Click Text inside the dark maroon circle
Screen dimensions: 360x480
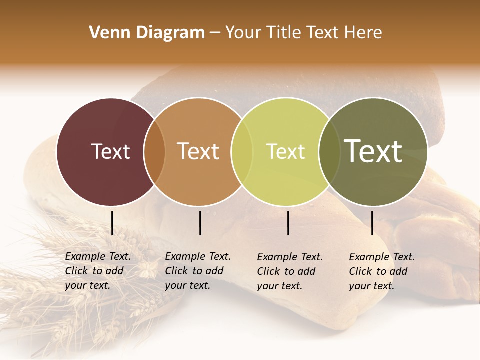click(x=110, y=151)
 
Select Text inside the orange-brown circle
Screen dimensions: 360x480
click(x=198, y=151)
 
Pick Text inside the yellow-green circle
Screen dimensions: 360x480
click(x=285, y=151)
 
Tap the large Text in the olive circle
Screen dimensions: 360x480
click(x=373, y=151)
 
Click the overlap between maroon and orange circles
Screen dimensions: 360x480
click(x=154, y=151)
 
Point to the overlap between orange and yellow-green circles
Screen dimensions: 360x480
click(x=242, y=151)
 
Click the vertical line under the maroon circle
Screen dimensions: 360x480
click(x=112, y=223)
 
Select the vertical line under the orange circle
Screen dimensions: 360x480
click(x=200, y=223)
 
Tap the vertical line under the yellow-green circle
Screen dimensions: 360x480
click(x=288, y=223)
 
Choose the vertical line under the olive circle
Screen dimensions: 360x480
click(x=372, y=223)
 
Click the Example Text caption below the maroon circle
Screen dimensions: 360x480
click(x=97, y=271)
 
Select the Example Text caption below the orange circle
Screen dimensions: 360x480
click(x=197, y=271)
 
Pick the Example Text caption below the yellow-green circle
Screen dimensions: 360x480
click(x=289, y=271)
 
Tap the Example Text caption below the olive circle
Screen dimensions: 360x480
click(x=381, y=271)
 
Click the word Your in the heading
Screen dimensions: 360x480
click(x=243, y=33)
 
